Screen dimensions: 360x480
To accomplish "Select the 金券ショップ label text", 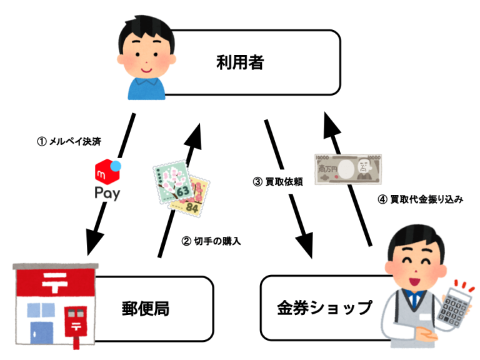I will (x=324, y=307).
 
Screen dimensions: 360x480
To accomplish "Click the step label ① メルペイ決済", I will (x=68, y=142).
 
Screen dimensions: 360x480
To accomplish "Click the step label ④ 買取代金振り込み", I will (x=417, y=200).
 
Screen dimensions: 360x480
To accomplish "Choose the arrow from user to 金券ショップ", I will (x=288, y=187).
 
